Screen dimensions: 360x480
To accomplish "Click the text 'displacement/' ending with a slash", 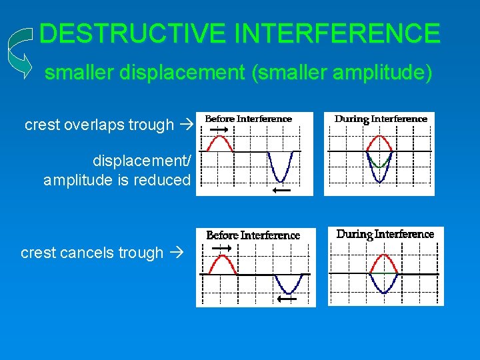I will pyautogui.click(x=141, y=161).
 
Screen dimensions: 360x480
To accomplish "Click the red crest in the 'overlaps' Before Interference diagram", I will pyautogui.click(x=220, y=141).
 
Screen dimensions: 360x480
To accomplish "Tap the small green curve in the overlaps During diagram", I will pyautogui.click(x=380, y=162).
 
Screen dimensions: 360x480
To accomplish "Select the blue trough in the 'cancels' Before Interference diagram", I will pyautogui.click(x=289, y=285).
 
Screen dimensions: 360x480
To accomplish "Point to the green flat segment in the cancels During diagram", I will pyautogui.click(x=384, y=274).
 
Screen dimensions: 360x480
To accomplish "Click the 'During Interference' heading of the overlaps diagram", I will pyautogui.click(x=381, y=119).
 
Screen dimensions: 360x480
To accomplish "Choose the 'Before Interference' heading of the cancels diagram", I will pyautogui.click(x=253, y=235).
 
